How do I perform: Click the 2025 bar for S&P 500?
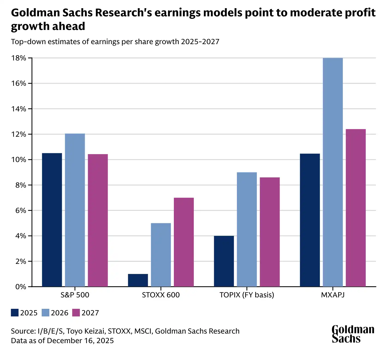tap(52, 220)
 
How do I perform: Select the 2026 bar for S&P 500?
tap(75, 210)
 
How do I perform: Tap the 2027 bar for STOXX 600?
tap(184, 242)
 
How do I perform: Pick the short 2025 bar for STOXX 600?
tap(138, 280)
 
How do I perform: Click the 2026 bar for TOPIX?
tap(247, 229)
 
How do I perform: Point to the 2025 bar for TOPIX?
tap(224, 261)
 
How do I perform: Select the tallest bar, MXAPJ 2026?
tap(333, 172)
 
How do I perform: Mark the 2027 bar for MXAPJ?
tap(356, 208)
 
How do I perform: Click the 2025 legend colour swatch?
tap(15, 313)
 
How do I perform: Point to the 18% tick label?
tap(19, 58)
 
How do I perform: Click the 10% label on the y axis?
tap(19, 160)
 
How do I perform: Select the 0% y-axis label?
tap(21, 287)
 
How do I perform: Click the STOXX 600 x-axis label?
tap(161, 295)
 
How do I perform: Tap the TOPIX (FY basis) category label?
tap(247, 295)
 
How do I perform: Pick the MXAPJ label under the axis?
tap(333, 295)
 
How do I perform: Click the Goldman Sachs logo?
tap(353, 334)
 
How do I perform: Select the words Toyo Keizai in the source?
tap(86, 331)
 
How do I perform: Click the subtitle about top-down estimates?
tap(115, 42)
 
